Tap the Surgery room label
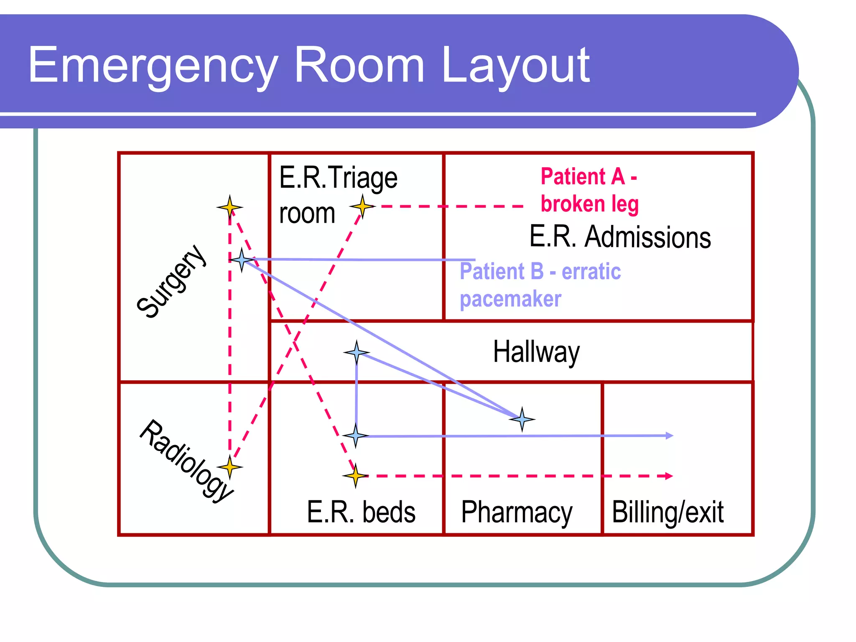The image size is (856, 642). [171, 281]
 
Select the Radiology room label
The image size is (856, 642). [186, 460]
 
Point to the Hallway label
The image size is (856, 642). [536, 352]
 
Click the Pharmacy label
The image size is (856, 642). [517, 512]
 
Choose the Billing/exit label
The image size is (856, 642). [667, 512]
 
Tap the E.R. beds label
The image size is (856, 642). [361, 512]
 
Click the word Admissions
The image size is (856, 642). [647, 237]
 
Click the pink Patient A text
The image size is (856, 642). [588, 176]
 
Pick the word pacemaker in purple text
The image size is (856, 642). [510, 299]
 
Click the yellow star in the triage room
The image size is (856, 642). [362, 206]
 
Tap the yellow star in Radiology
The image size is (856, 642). [229, 467]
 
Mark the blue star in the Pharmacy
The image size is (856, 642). [522, 419]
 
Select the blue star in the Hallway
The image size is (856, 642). [357, 353]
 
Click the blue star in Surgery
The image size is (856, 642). [242, 260]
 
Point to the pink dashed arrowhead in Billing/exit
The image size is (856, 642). [669, 476]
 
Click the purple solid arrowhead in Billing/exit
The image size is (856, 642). [670, 436]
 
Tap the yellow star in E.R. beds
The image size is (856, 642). [355, 476]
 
